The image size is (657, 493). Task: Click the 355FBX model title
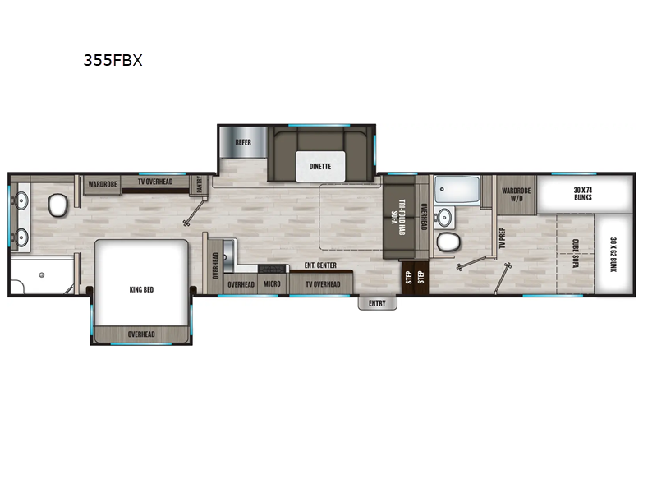point(113,60)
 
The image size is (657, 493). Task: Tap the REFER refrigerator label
point(243,142)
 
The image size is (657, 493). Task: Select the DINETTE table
point(320,167)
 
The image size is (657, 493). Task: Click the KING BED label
point(141,290)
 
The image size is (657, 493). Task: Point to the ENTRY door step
point(377,303)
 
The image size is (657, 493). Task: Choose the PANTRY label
point(200,184)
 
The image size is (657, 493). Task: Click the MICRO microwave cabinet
point(272,283)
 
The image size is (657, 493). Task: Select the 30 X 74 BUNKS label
point(583,194)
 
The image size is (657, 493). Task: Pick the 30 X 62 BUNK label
point(613,255)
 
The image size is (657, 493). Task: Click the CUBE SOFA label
point(576,254)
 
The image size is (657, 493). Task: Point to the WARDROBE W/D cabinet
point(517,195)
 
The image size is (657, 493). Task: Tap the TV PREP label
point(503,238)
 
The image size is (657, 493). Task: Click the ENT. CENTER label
point(320,265)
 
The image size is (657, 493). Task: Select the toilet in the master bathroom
point(57,205)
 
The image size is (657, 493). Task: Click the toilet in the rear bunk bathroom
point(448,242)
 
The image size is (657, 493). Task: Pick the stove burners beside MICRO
point(272,269)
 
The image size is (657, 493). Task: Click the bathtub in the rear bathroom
point(457,191)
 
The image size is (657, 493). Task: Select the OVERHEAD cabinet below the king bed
point(141,334)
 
